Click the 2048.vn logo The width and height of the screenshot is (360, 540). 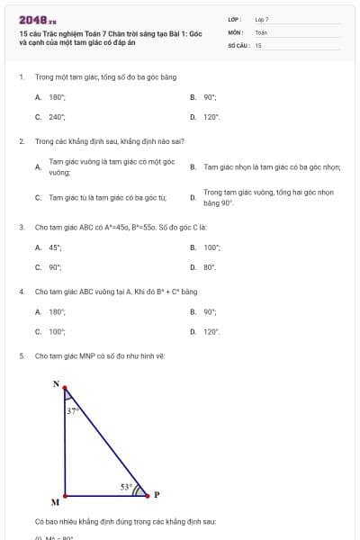pos(37,19)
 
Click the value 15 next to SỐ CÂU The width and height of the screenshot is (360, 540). pos(258,44)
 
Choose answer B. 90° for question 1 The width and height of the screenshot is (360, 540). pos(210,96)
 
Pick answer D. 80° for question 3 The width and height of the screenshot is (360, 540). pos(210,267)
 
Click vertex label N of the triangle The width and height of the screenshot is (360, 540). pos(56,384)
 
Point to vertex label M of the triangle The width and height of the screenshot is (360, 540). pos(55,502)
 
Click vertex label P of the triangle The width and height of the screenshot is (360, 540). pos(156,494)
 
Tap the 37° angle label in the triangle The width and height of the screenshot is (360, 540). pos(74,410)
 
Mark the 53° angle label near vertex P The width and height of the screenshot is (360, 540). pos(126,487)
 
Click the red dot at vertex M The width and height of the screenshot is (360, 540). pos(65,495)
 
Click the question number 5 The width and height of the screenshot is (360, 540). pos(21,356)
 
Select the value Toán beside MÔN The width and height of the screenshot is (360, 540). pos(261,31)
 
